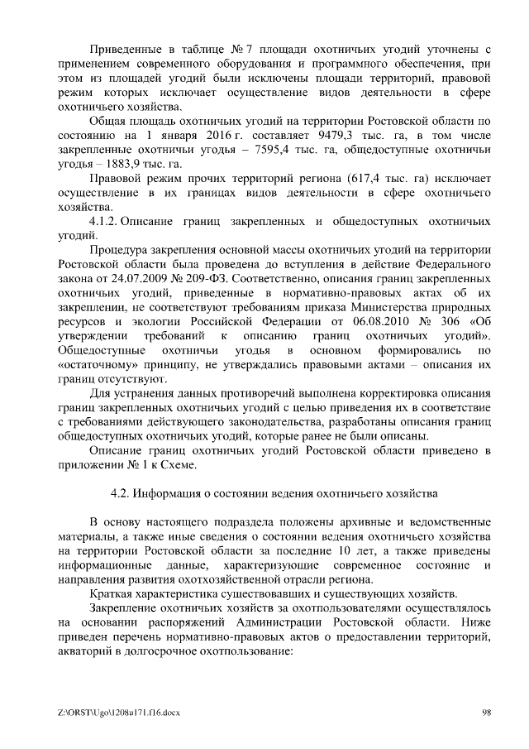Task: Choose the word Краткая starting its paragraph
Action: coord(111,593)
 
